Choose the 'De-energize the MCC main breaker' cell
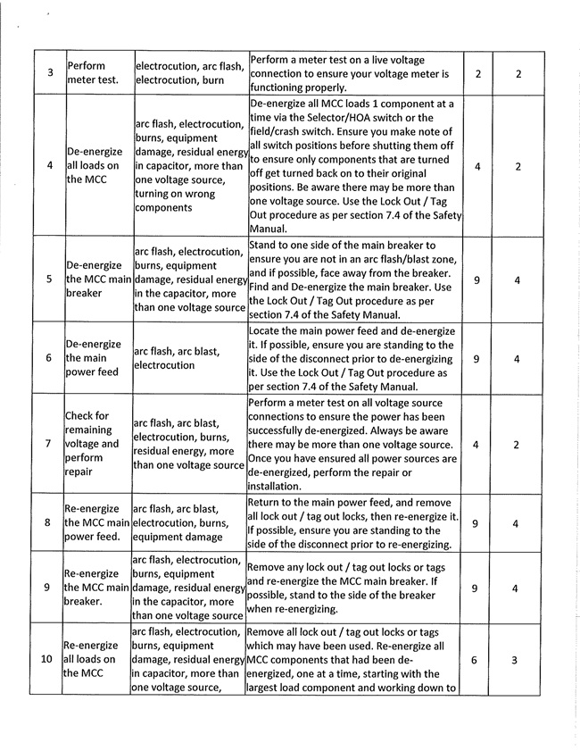96,280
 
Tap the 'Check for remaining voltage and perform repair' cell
92,443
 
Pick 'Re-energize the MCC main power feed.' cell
96,522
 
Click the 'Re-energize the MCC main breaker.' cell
96,588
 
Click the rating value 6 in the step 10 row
476,658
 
